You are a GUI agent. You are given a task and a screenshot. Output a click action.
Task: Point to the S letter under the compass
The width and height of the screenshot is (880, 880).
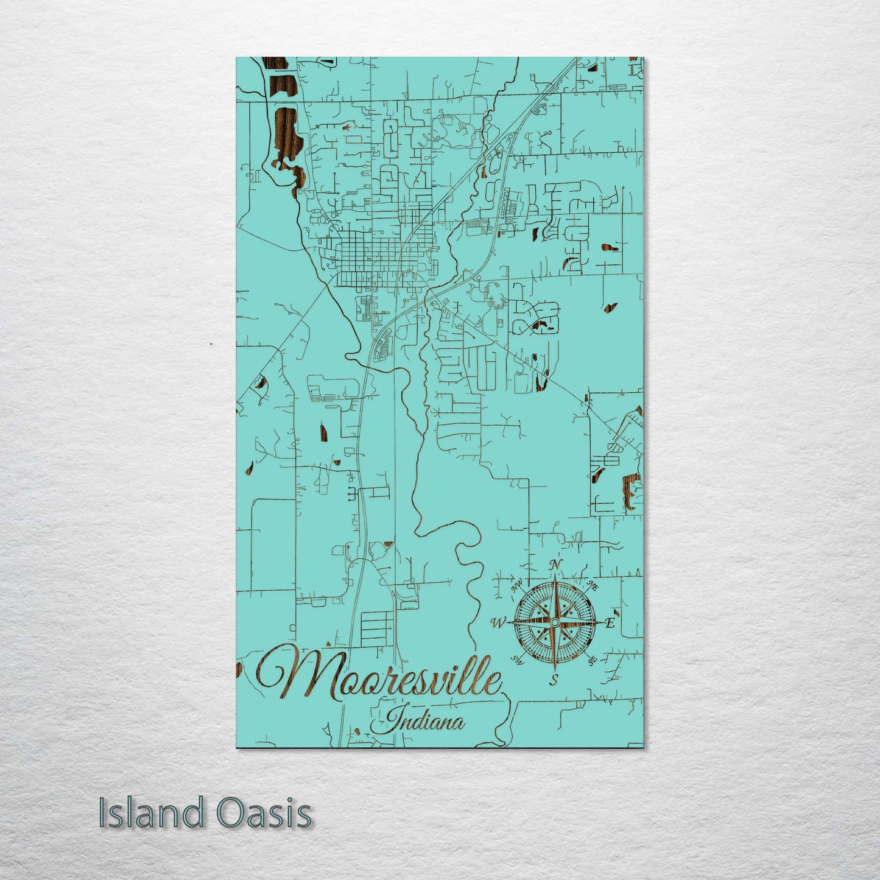pos(554,680)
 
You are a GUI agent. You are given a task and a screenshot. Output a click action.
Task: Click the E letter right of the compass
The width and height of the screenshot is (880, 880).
pos(610,623)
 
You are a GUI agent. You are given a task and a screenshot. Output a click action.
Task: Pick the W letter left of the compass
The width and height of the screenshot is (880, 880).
pos(498,622)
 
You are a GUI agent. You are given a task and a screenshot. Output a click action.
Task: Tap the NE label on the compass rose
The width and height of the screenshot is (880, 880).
pos(591,586)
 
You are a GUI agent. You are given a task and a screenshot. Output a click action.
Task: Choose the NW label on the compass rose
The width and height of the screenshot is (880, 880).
pos(518,586)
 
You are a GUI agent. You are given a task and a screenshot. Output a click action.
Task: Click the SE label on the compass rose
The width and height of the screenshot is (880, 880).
pos(591,660)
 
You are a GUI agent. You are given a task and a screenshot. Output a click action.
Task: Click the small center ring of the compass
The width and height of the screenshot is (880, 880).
pos(554,622)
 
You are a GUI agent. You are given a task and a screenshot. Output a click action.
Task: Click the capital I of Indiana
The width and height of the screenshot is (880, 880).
pos(393,720)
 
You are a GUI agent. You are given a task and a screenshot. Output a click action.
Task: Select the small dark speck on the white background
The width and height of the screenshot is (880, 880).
pos(211,344)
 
